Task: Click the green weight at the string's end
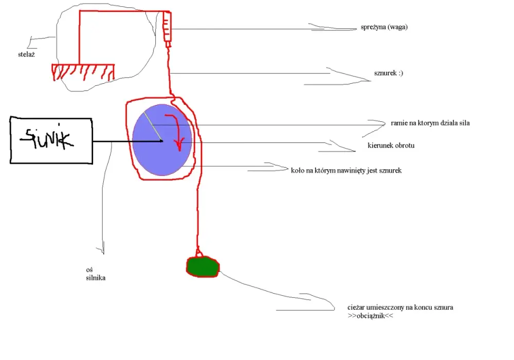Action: (203, 267)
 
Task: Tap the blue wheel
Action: (162, 140)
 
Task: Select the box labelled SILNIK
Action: (51, 140)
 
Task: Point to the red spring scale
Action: (167, 29)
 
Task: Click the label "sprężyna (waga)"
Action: (384, 27)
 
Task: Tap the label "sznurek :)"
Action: (389, 73)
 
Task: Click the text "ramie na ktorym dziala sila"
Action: (430, 123)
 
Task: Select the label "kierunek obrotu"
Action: (391, 145)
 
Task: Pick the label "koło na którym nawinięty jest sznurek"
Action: (346, 171)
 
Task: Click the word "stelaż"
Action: (26, 55)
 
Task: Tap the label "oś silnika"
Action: (96, 274)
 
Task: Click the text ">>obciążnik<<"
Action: (371, 316)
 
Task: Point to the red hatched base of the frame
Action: (83, 72)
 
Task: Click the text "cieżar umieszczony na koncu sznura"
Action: (400, 308)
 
